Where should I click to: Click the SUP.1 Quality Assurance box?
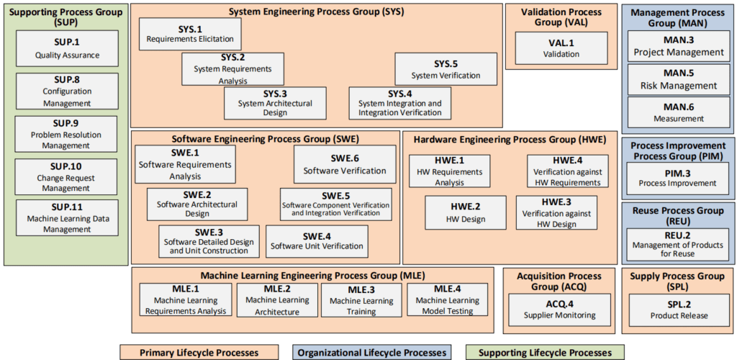point(66,48)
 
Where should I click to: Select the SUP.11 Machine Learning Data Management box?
point(66,217)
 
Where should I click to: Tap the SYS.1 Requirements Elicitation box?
point(191,34)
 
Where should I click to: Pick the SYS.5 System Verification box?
point(446,69)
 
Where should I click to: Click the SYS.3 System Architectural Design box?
point(275,102)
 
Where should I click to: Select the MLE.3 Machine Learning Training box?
point(361,300)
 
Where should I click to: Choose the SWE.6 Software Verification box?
point(344,164)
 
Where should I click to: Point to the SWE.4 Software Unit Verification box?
point(317,240)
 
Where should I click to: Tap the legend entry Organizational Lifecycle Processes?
point(372,352)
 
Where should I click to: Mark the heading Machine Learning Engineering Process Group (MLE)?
point(312,275)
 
